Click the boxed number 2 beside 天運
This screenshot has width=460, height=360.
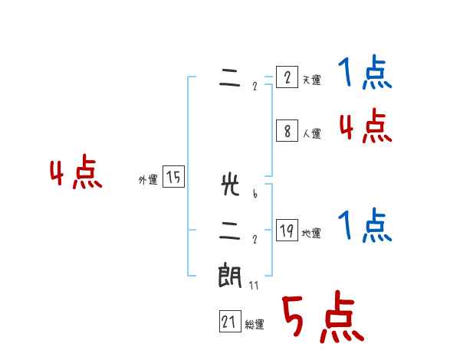tap(287, 77)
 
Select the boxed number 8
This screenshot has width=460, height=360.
tap(287, 131)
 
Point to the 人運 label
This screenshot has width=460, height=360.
tap(311, 133)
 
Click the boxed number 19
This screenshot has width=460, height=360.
tap(287, 231)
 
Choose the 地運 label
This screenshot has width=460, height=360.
tap(311, 234)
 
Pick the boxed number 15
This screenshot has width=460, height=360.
tap(173, 178)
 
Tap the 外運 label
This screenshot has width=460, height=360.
tap(148, 180)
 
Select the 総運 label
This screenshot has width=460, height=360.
tap(255, 325)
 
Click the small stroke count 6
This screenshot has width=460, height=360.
tap(254, 194)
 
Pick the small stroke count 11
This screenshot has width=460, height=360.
tap(254, 286)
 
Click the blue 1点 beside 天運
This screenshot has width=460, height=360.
tap(365, 74)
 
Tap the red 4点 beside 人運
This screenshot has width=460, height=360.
tap(365, 126)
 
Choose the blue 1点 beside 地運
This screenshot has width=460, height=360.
tap(365, 226)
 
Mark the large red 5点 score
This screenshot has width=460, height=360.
tap(323, 318)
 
